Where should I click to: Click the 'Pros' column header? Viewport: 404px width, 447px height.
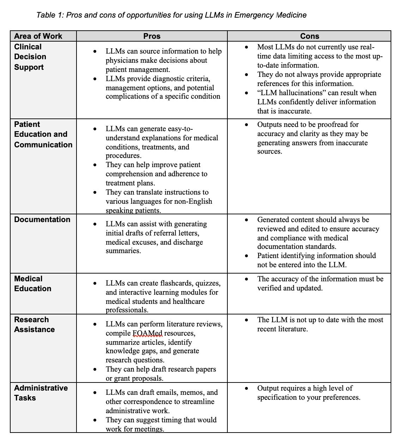pyautogui.click(x=152, y=36)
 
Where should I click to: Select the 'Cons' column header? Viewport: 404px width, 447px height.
pyautogui.click(x=310, y=36)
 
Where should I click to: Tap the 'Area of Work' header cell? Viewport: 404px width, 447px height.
pyautogui.click(x=38, y=36)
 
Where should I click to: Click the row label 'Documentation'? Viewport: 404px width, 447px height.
pyautogui.click(x=42, y=220)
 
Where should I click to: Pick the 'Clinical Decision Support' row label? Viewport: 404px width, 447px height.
pyautogui.click(x=30, y=57)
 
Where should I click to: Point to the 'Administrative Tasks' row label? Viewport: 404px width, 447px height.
pyautogui.click(x=41, y=393)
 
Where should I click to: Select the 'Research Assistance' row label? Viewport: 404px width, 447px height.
pyautogui.click(x=35, y=325)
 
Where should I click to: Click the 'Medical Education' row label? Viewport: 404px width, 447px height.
pyautogui.click(x=33, y=284)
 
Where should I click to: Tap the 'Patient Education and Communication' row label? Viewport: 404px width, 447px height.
pyautogui.click(x=43, y=134)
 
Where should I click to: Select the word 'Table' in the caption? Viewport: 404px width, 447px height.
pyautogui.click(x=46, y=15)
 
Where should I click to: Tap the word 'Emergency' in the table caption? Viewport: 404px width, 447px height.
pyautogui.click(x=254, y=15)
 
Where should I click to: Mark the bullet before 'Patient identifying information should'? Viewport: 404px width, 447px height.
pyautogui.click(x=246, y=256)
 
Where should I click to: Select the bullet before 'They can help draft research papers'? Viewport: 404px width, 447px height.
pyautogui.click(x=95, y=369)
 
